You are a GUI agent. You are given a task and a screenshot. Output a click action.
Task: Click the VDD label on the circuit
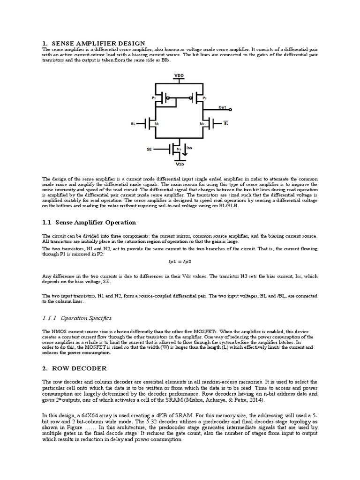[x=179, y=75]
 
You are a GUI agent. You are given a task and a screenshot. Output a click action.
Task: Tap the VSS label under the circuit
[x=180, y=165]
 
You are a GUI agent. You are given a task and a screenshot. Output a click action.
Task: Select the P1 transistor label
[x=153, y=98]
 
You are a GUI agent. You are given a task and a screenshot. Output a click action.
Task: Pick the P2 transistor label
[x=205, y=98]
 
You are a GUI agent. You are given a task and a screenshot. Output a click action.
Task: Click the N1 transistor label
[x=157, y=124]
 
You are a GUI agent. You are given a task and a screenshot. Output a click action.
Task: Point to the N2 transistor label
[x=202, y=124]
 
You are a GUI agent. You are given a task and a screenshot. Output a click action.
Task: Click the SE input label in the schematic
[x=149, y=150]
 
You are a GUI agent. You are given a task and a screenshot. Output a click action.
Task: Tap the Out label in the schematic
[x=222, y=107]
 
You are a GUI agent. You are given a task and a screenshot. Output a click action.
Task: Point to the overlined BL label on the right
[x=225, y=124]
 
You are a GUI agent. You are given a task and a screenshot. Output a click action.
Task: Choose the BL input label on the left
[x=133, y=124]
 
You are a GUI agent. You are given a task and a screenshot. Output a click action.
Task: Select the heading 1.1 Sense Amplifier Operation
[x=90, y=222]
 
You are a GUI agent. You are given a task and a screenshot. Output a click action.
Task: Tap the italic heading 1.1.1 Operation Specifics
[x=77, y=318]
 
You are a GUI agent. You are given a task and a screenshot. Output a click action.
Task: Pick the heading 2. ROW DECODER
[x=75, y=368]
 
